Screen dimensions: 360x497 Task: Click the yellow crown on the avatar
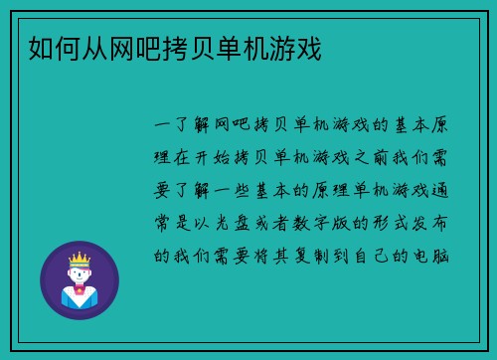point(79,260)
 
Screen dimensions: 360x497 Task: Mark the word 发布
point(446,222)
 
